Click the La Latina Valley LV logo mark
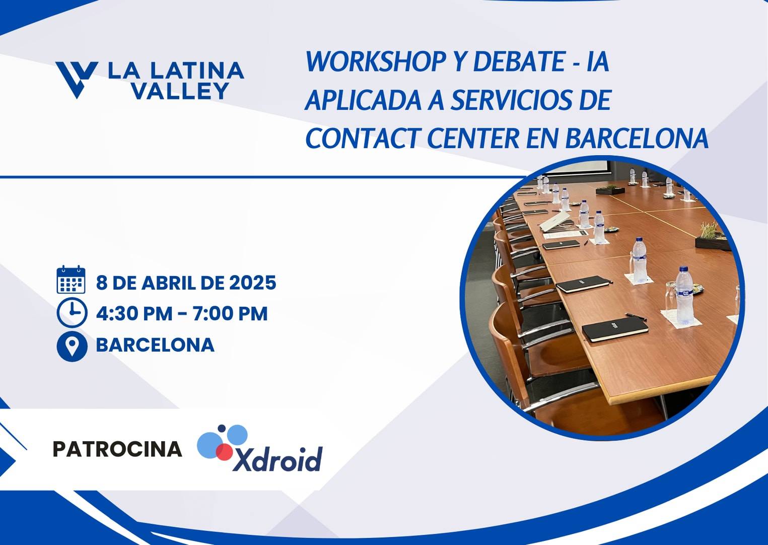tap(77, 80)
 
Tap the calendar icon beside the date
tap(71, 280)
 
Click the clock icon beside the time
tap(72, 312)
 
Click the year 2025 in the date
tap(253, 283)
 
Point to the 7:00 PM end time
tap(230, 313)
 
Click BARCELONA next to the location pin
tap(155, 345)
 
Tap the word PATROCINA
tap(118, 449)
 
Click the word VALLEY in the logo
tap(180, 91)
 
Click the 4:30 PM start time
tap(134, 313)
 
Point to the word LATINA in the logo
tap(197, 71)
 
